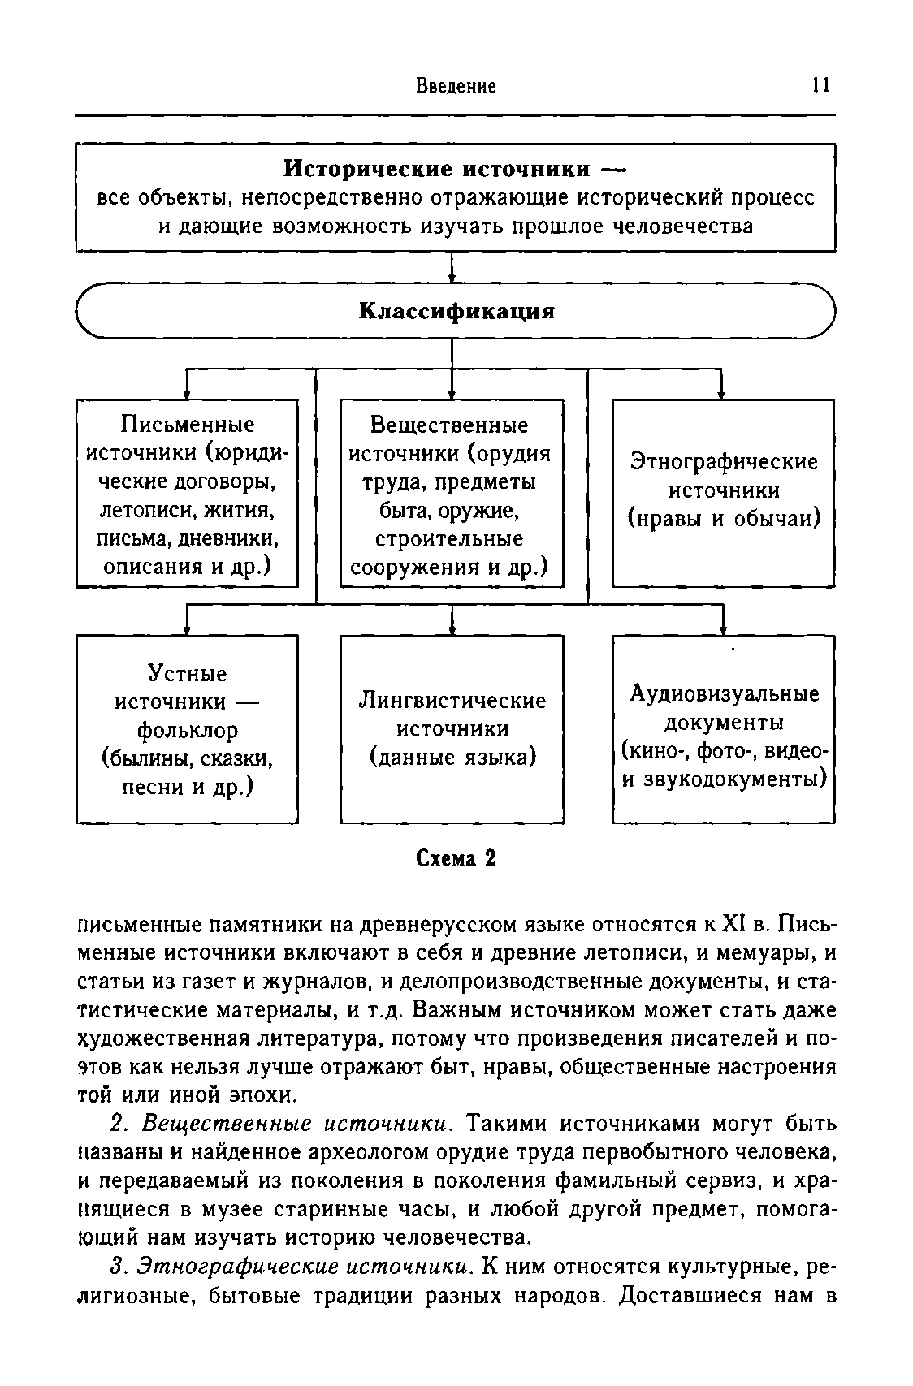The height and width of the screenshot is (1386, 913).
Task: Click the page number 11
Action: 820,86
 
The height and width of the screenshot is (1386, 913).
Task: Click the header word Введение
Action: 456,86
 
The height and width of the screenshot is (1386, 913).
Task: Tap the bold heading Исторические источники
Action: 437,169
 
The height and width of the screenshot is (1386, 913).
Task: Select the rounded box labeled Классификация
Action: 456,311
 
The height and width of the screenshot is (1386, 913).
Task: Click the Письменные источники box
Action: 187,494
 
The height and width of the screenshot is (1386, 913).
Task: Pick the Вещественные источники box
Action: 451,494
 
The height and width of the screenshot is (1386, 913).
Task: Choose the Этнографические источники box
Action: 723,492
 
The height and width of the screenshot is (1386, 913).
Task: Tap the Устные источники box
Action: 187,729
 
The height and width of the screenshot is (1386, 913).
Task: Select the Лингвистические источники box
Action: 452,729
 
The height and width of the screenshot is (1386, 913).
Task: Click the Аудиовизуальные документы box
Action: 724,729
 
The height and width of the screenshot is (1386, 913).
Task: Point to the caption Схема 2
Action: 456,859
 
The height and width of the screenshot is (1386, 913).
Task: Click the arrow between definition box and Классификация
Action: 452,268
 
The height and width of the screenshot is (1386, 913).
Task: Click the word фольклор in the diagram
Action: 187,731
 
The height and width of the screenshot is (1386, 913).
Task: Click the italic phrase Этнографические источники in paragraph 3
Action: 304,1266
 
